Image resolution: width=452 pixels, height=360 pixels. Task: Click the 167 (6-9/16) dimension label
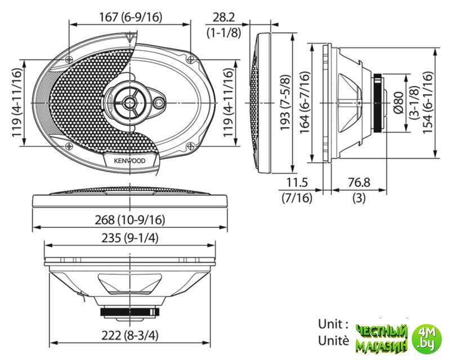pyautogui.click(x=131, y=17)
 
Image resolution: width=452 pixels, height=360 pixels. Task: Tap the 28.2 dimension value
pyautogui.click(x=223, y=17)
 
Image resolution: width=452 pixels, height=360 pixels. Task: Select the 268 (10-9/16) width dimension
pyautogui.click(x=130, y=220)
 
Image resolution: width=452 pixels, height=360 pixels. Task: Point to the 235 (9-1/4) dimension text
pyautogui.click(x=130, y=238)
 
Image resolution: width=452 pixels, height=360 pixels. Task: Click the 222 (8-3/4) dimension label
pyautogui.click(x=130, y=335)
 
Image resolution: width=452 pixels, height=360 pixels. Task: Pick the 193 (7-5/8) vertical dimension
pyautogui.click(x=285, y=102)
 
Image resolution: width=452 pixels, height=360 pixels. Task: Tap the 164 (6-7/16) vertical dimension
pyautogui.click(x=305, y=102)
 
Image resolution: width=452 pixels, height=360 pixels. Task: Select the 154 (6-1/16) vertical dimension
pyautogui.click(x=428, y=102)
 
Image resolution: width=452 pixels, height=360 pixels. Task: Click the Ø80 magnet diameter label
pyautogui.click(x=399, y=103)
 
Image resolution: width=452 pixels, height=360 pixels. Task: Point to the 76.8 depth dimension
pyautogui.click(x=359, y=183)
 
